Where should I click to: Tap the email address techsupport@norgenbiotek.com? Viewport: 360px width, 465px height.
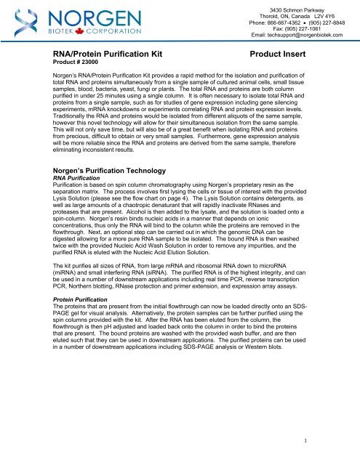pos(299,35)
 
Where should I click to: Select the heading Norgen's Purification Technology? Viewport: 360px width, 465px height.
pos(112,169)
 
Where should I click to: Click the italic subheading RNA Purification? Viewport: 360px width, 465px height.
pos(76,179)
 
